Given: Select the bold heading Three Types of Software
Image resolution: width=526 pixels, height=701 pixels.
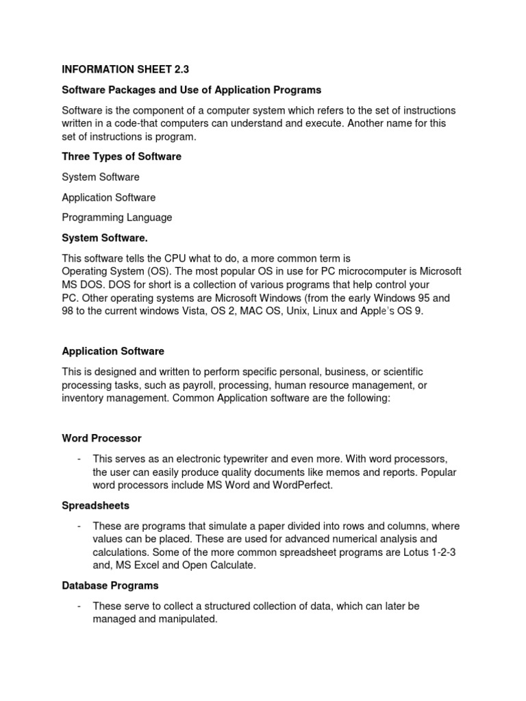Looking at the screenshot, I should click(x=121, y=157).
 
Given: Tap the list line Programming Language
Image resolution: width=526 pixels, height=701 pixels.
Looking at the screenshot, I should click(x=116, y=218).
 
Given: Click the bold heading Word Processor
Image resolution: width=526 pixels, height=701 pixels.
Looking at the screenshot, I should click(x=101, y=438).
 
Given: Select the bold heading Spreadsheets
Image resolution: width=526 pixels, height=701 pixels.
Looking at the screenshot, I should click(x=95, y=505).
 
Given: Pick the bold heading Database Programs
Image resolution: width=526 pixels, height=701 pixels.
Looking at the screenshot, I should click(x=110, y=586).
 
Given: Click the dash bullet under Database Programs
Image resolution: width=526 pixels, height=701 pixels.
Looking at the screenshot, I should click(x=80, y=606).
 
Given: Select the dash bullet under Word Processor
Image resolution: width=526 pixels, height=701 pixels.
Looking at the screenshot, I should click(x=80, y=459).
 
